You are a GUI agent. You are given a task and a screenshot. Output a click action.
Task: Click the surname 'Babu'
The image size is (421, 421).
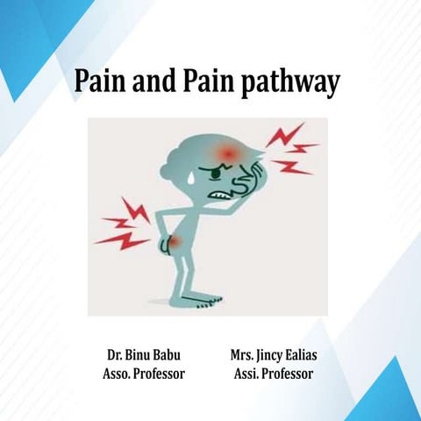(171, 357)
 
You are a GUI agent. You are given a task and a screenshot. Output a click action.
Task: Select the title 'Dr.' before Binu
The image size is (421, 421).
(114, 357)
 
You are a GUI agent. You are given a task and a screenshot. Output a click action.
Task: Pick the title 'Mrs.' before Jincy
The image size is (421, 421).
(243, 357)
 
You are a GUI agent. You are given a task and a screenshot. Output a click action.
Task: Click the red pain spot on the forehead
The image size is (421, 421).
(228, 154)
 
